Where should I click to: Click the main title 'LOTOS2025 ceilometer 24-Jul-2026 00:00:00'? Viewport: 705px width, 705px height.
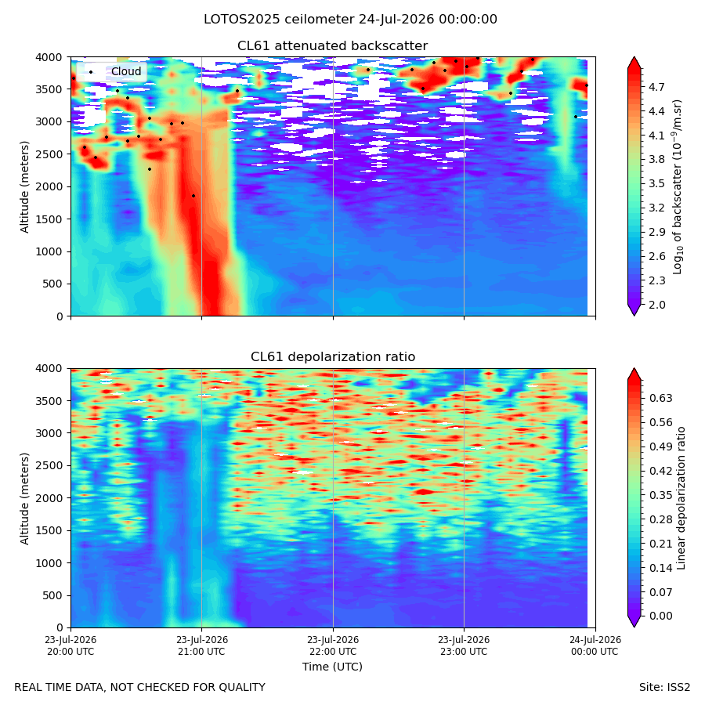(350, 20)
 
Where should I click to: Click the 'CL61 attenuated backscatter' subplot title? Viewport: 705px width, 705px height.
(332, 46)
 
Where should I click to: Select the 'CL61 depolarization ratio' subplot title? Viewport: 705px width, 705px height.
(333, 357)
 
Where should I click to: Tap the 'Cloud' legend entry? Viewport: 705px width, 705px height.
(126, 71)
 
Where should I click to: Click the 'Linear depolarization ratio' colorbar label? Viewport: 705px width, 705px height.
(681, 498)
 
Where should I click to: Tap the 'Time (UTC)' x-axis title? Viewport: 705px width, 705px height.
(332, 667)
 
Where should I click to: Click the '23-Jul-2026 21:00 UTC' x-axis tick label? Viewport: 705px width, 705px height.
(201, 645)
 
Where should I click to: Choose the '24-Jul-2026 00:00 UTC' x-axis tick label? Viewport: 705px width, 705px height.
(595, 645)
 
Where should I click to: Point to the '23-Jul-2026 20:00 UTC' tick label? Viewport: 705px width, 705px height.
(70, 645)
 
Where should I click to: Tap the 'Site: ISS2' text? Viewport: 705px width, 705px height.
(664, 688)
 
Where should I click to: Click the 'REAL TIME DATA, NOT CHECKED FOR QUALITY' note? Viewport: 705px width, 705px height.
(140, 688)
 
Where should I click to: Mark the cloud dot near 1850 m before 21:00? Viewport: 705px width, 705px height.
(193, 196)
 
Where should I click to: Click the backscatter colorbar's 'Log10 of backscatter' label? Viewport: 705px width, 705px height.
(678, 187)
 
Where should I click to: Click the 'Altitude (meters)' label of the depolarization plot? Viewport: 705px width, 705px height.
(24, 498)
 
